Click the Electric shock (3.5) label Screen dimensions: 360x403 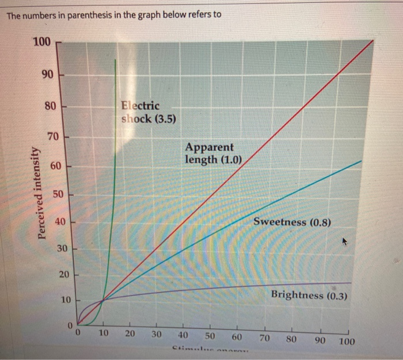149,112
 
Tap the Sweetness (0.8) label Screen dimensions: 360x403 292,221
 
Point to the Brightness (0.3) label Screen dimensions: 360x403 308,295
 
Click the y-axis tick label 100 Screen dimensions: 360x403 42,42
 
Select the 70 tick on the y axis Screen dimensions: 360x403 52,137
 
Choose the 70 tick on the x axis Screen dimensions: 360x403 265,337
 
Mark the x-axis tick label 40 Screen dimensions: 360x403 184,335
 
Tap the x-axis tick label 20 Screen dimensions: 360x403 130,334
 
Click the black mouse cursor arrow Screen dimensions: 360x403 345,243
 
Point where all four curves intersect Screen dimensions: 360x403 102,300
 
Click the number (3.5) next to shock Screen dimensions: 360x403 164,119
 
